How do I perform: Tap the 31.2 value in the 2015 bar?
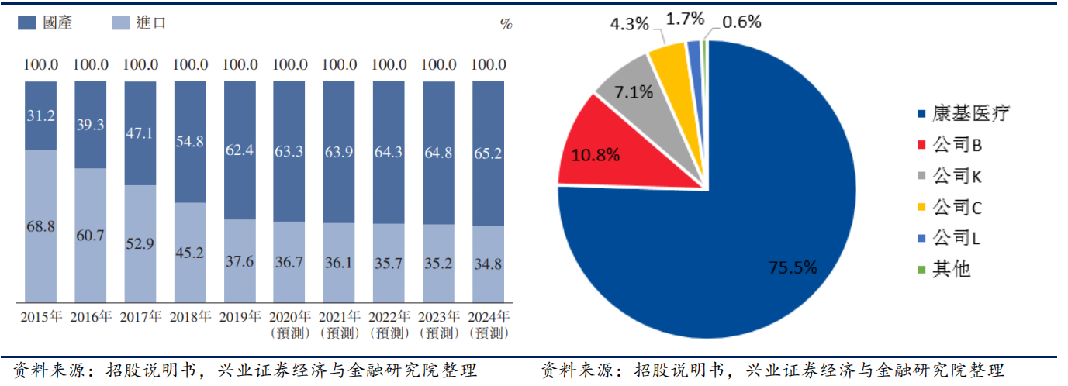click(40, 115)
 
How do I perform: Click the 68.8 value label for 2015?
click(40, 226)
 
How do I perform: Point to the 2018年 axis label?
click(189, 317)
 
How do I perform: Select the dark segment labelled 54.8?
click(189, 141)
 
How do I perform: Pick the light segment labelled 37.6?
click(239, 261)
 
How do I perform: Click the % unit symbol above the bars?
click(506, 24)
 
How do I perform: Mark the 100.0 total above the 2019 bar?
click(239, 65)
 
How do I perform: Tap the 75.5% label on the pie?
click(793, 268)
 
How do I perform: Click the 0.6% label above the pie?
click(741, 22)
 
